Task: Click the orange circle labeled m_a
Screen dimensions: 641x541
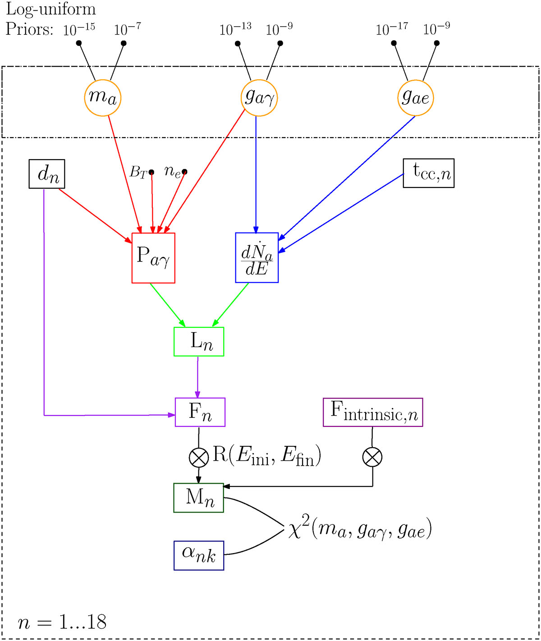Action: coord(103,97)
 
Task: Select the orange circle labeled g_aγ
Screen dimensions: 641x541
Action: coord(259,97)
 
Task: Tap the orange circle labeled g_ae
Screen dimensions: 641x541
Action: coord(415,97)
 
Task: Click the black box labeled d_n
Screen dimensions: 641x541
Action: coord(47,174)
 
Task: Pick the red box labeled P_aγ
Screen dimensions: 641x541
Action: coord(153,258)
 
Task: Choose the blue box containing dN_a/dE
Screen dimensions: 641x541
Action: coord(257,258)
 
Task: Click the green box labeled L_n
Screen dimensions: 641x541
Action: coord(199,342)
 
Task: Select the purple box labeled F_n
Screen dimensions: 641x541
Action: coord(200,412)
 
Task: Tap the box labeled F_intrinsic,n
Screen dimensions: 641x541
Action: coord(373,412)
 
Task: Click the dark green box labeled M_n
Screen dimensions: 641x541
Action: coord(199,498)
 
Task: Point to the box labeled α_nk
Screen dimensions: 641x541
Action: coord(199,555)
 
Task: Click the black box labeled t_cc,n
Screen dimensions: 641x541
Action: coord(428,173)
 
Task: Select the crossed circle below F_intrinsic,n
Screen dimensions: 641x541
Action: coord(372,458)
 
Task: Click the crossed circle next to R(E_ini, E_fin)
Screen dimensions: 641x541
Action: coord(199,458)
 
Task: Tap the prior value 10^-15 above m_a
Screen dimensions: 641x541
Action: coord(79,29)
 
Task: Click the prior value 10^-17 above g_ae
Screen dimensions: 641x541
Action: coord(391,29)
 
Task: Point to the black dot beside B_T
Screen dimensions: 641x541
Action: coord(151,172)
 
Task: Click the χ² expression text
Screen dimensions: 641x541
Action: coord(360,528)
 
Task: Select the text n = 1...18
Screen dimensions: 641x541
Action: coord(62,622)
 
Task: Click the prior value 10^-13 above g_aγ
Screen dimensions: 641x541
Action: coord(235,29)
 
